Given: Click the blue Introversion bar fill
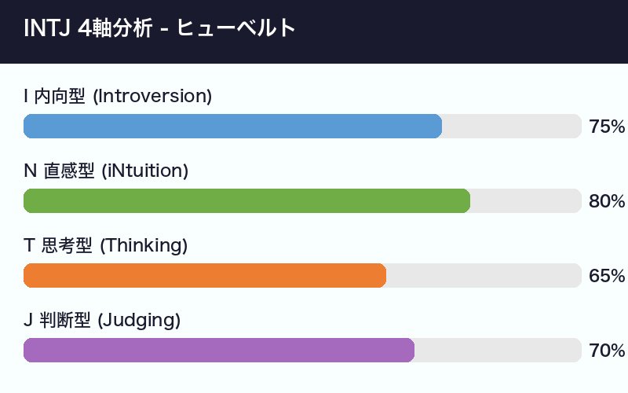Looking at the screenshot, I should (x=232, y=127).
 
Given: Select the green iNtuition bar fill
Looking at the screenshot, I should (x=246, y=201).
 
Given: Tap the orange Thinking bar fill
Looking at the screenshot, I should (x=205, y=276).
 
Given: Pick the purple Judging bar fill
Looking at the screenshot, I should (x=219, y=351).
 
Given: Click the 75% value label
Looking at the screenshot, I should (x=606, y=127).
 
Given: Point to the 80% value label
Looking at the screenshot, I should (x=606, y=201).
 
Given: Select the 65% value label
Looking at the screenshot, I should (x=606, y=276).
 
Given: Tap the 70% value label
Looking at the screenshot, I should (x=606, y=351).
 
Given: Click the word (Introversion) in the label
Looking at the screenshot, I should (x=152, y=97).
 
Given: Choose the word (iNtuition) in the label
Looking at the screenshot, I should (x=145, y=171).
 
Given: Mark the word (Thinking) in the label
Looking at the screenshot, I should (x=144, y=246).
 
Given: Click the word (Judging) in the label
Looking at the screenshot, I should (x=139, y=321).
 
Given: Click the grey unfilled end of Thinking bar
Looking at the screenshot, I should (x=483, y=276).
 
